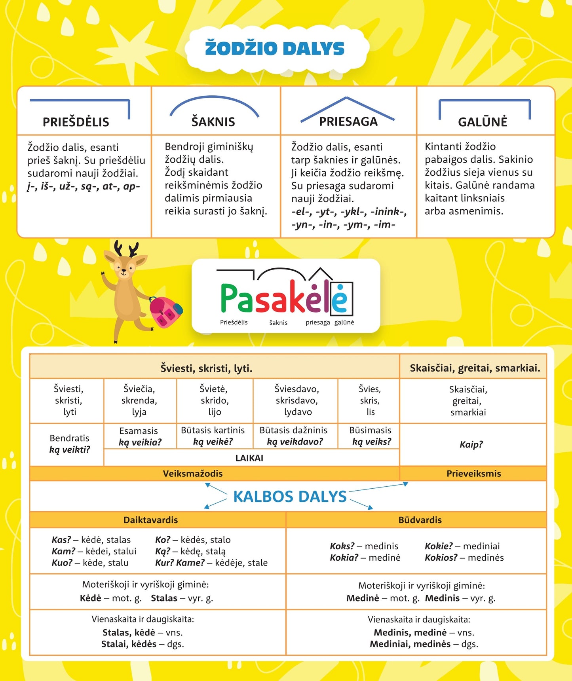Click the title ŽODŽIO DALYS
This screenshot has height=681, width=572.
coord(275,49)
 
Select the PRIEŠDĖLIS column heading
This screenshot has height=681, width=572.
coord(76,122)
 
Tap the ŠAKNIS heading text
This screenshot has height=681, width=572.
coord(213,122)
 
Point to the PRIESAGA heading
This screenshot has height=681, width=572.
coord(348,121)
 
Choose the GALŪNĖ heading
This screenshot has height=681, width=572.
coord(482,122)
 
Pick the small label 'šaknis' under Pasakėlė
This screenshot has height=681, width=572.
coord(278,322)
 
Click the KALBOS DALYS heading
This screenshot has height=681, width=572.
coord(290,497)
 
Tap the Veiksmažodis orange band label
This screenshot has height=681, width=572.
coord(193,474)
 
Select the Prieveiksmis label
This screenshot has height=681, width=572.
coord(473,474)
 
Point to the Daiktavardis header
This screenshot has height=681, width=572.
coord(150,520)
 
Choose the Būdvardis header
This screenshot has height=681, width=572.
coord(420,520)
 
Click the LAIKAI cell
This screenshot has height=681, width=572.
coord(249,458)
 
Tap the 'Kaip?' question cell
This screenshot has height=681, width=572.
coord(471,444)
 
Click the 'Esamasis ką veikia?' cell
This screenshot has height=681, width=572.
coord(140,436)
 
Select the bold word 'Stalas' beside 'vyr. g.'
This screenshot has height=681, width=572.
coord(164,598)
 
